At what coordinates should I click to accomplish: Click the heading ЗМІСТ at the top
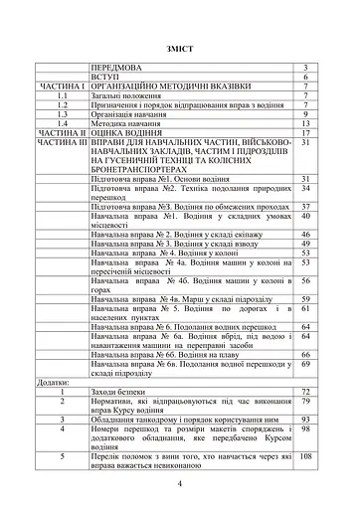pos(180,47)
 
